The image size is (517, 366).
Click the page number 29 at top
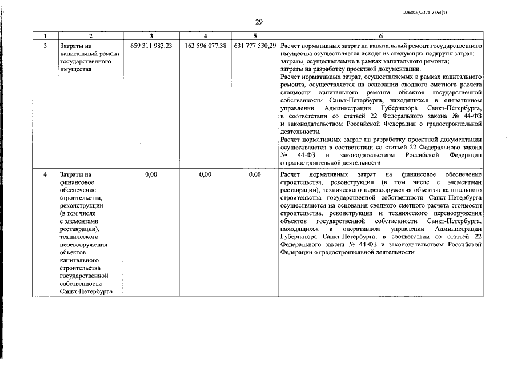click(x=258, y=22)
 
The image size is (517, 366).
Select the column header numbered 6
click(x=381, y=35)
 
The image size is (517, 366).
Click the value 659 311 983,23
click(x=151, y=45)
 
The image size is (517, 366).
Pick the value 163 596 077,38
click(x=206, y=45)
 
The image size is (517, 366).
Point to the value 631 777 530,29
click(x=255, y=45)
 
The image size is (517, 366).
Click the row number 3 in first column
click(x=45, y=45)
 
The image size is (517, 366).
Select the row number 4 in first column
click(x=45, y=174)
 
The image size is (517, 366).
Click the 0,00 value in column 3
click(x=151, y=174)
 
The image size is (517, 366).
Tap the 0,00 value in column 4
click(x=206, y=174)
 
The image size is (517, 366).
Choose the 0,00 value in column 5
click(x=255, y=174)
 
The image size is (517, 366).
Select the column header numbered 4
click(x=206, y=35)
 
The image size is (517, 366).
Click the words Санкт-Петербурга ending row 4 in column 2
click(x=86, y=291)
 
